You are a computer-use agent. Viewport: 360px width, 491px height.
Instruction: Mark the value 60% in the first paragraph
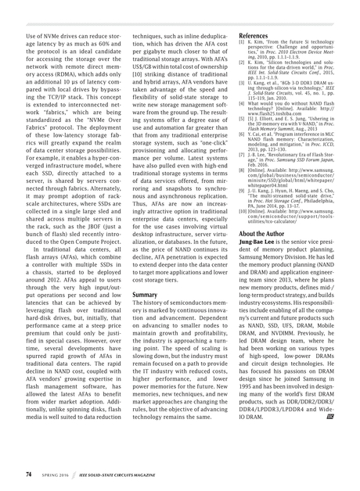pyautogui.click(x=98, y=45)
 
